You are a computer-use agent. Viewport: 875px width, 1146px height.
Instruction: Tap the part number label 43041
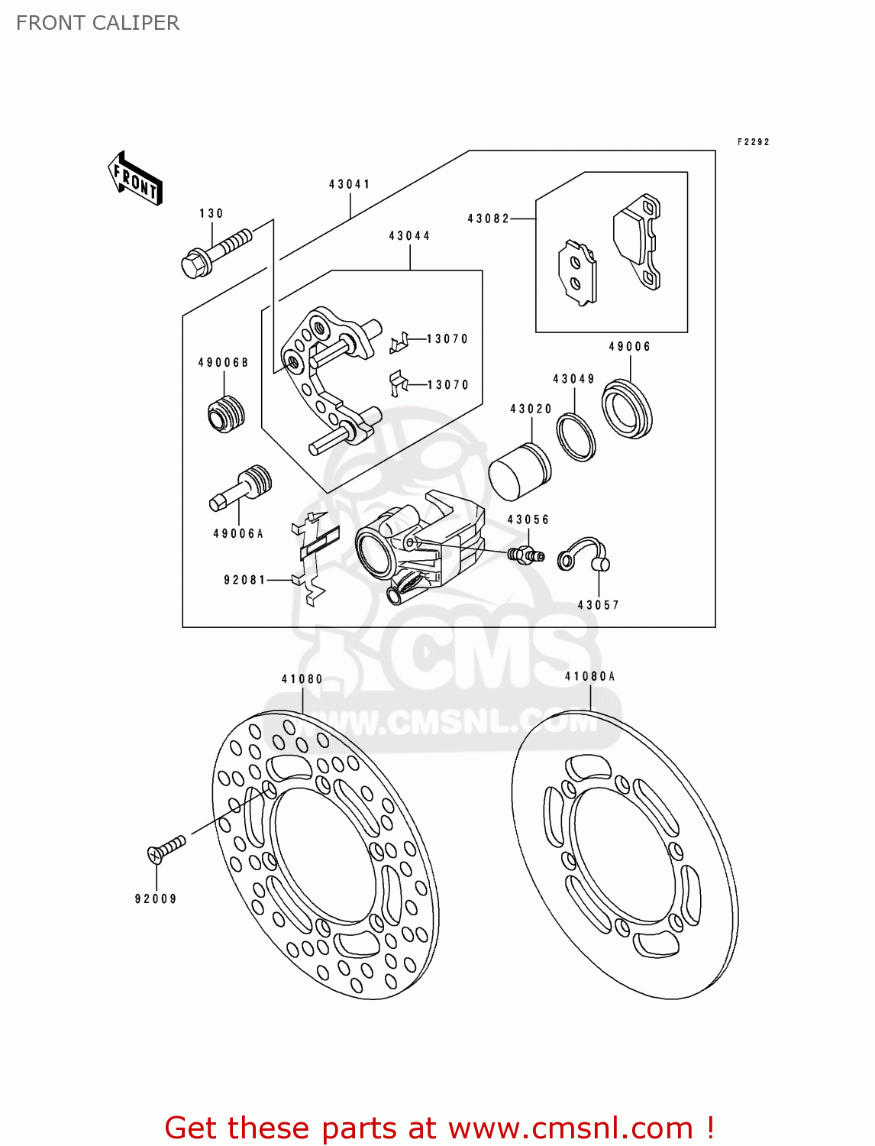[x=350, y=184]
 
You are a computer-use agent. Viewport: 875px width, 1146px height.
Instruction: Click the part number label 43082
[x=488, y=219]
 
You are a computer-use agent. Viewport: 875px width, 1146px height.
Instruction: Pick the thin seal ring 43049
[x=576, y=436]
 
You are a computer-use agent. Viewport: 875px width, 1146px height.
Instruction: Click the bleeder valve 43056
[x=525, y=554]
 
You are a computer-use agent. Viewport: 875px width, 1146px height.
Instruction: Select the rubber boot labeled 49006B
[x=226, y=414]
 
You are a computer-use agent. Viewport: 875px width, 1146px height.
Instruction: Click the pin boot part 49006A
[x=241, y=488]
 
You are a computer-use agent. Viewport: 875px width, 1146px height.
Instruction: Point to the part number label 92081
[x=244, y=580]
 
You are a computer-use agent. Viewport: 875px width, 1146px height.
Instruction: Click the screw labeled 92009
[x=166, y=849]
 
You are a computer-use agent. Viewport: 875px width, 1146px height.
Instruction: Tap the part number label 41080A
[x=589, y=676]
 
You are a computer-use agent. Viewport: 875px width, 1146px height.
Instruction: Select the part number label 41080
[x=302, y=678]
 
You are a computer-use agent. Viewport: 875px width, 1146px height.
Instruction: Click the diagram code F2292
[x=753, y=141]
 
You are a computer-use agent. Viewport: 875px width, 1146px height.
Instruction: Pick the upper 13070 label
[x=447, y=338]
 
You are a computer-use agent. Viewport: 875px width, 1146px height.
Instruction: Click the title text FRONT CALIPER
[x=98, y=23]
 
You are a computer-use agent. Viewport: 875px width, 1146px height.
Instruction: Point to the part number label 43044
[x=409, y=235]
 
